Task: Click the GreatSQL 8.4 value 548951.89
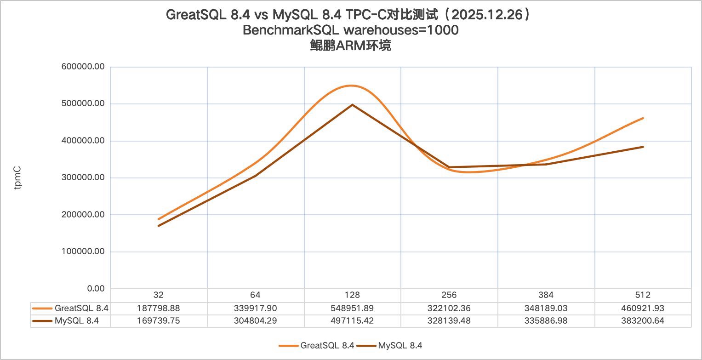pyautogui.click(x=352, y=308)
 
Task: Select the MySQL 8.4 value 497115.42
pyautogui.click(x=352, y=320)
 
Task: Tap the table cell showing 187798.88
pyautogui.click(x=159, y=308)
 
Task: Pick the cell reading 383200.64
pyautogui.click(x=643, y=320)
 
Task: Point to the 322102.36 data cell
pyautogui.click(x=449, y=308)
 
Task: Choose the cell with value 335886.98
pyautogui.click(x=546, y=320)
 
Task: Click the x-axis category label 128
pyautogui.click(x=352, y=295)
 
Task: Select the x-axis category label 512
pyautogui.click(x=643, y=295)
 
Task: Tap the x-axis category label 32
pyautogui.click(x=159, y=295)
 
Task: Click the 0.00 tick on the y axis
pyautogui.click(x=96, y=289)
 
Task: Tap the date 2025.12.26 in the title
pyautogui.click(x=487, y=15)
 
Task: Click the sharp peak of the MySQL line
pyautogui.click(x=352, y=105)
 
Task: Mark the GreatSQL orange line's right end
pyautogui.click(x=643, y=118)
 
